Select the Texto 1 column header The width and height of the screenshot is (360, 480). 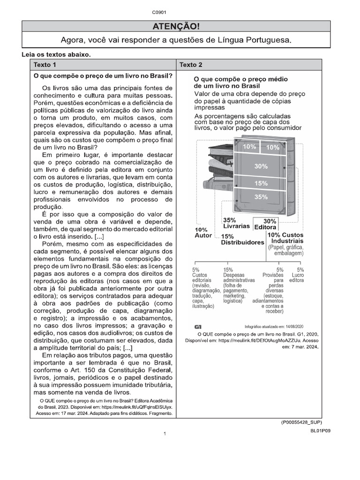click(45, 65)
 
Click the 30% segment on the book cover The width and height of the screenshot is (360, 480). click(261, 166)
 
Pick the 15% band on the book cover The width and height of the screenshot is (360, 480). click(261, 183)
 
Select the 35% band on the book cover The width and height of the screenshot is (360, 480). click(261, 197)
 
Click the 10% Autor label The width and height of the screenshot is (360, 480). click(203, 232)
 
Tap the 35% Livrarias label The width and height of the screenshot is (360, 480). click(236, 223)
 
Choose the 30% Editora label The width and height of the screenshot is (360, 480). click(265, 224)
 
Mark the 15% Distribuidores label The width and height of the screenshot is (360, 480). click(242, 240)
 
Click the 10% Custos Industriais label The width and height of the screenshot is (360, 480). click(285, 238)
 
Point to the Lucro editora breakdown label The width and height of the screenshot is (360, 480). click(297, 275)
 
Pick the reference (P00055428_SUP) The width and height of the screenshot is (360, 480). click(301, 422)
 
